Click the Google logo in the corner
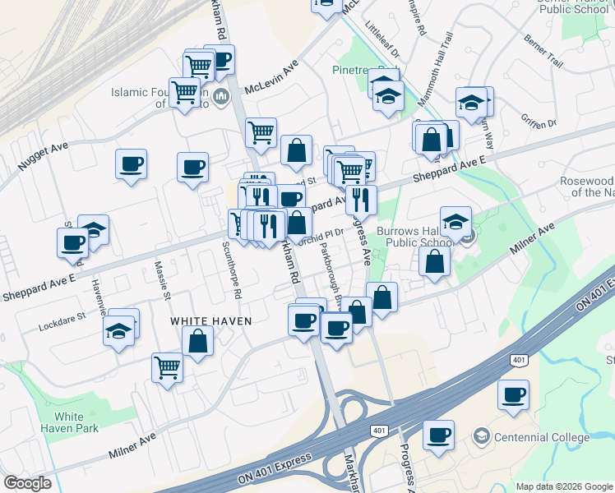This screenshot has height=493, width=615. click(27, 482)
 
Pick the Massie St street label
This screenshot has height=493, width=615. click(163, 279)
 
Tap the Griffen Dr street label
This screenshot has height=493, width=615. click(539, 122)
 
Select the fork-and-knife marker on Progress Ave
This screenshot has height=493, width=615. click(360, 198)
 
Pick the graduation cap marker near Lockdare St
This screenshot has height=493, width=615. click(119, 331)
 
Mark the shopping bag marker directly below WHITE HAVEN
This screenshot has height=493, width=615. click(198, 341)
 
